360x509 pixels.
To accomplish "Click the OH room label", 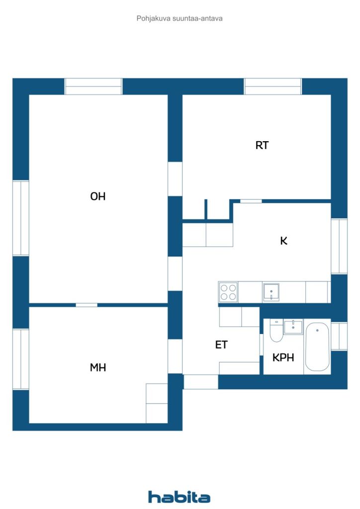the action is click(98, 196).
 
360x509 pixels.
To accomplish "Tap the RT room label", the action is click(262, 145).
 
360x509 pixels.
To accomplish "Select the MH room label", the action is click(98, 367).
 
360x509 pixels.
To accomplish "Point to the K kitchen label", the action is click(284, 241).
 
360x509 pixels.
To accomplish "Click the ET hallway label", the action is click(221, 344).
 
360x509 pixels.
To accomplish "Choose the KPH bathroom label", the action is click(283, 357).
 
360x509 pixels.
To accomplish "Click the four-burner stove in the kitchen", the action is click(228, 292).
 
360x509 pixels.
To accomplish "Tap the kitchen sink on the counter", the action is click(271, 292).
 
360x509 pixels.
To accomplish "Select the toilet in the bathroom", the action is click(276, 331).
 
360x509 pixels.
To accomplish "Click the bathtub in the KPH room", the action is click(317, 346).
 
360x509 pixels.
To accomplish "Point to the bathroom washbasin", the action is click(293, 327).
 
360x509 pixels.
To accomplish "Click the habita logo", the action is click(179, 497).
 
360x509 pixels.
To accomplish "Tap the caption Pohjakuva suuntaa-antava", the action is click(180, 18).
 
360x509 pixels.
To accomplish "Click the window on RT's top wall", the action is click(272, 86).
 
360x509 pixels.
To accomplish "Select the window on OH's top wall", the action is click(93, 86).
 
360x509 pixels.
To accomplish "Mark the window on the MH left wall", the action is click(21, 359).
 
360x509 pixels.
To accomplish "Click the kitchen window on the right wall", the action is click(339, 246).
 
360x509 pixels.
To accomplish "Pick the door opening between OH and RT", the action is click(175, 179).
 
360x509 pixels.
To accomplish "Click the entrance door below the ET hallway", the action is click(201, 382).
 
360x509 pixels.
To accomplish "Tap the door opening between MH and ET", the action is click(175, 356).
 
